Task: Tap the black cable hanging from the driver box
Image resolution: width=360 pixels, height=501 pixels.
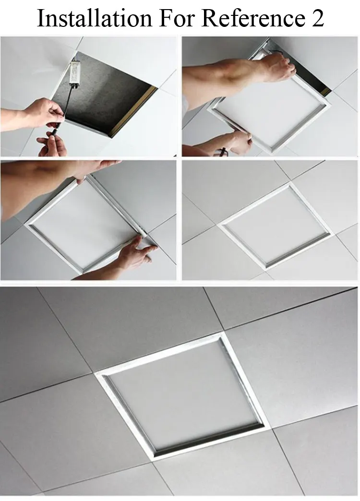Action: (x=67, y=106)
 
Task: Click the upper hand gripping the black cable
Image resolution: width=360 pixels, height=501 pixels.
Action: (x=46, y=113)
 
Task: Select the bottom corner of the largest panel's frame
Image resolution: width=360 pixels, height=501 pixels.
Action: (x=153, y=460)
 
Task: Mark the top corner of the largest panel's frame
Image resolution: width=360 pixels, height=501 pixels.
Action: (x=222, y=333)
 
